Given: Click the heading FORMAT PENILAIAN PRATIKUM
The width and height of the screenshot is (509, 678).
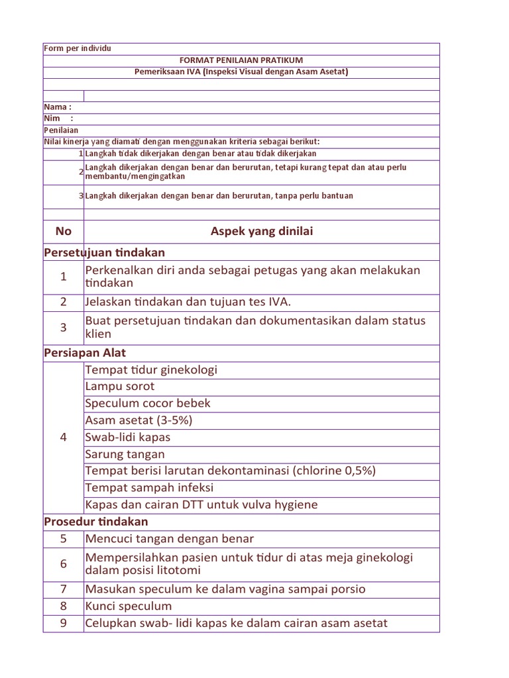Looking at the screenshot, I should [241, 60].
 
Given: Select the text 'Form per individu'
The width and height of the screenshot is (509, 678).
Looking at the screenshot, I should [78, 49].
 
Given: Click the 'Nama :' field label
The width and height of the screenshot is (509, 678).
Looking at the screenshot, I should [58, 107].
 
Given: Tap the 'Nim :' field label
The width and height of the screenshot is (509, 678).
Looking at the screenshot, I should [58, 119].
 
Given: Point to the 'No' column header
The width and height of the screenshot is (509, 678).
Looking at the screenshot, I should [64, 231].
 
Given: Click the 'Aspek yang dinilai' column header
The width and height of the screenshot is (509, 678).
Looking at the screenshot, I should [262, 231].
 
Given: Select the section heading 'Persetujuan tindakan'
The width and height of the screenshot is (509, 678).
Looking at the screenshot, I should [104, 253].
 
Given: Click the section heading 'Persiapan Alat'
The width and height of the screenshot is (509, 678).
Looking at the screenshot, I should [84, 353].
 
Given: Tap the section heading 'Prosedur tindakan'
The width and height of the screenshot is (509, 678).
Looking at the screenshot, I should [95, 522].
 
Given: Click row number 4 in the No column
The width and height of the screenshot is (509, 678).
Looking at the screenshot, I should [64, 437].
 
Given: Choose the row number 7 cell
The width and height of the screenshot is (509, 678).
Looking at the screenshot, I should [64, 589].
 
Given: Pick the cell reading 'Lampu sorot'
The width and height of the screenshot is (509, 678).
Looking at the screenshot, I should [119, 387].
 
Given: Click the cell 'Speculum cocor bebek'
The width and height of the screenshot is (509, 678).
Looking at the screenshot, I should [148, 403].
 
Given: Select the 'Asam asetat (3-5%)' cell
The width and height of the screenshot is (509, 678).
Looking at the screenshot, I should [139, 420].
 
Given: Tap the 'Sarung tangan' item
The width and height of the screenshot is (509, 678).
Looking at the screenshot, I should [125, 454].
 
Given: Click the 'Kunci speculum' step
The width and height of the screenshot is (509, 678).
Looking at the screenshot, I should [128, 606].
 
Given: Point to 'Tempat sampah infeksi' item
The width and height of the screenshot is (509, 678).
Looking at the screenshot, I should [149, 488].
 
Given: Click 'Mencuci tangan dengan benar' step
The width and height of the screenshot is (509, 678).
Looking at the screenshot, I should [169, 539].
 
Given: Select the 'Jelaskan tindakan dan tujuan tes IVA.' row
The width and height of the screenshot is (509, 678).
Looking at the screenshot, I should [188, 302].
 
